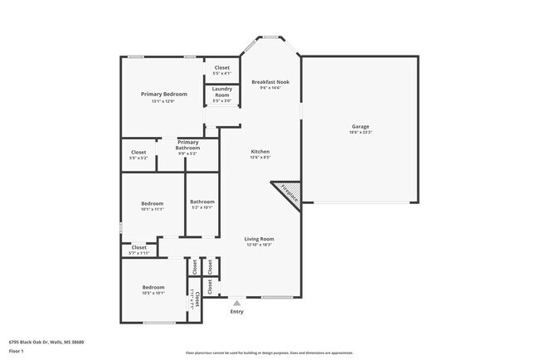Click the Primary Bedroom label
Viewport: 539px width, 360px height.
coord(163,95)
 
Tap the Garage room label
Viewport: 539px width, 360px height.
coord(360,126)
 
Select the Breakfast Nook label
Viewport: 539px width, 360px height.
coord(269,81)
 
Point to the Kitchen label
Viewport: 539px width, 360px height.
coord(260,152)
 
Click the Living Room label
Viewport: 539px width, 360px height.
coord(260,239)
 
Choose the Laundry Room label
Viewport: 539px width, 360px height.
coord(221,92)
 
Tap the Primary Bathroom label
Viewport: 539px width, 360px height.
coord(188,144)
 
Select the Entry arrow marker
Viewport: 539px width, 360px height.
coord(237,304)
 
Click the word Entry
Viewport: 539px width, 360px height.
coord(237,312)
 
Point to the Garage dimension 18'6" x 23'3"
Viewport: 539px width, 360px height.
coord(360,132)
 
